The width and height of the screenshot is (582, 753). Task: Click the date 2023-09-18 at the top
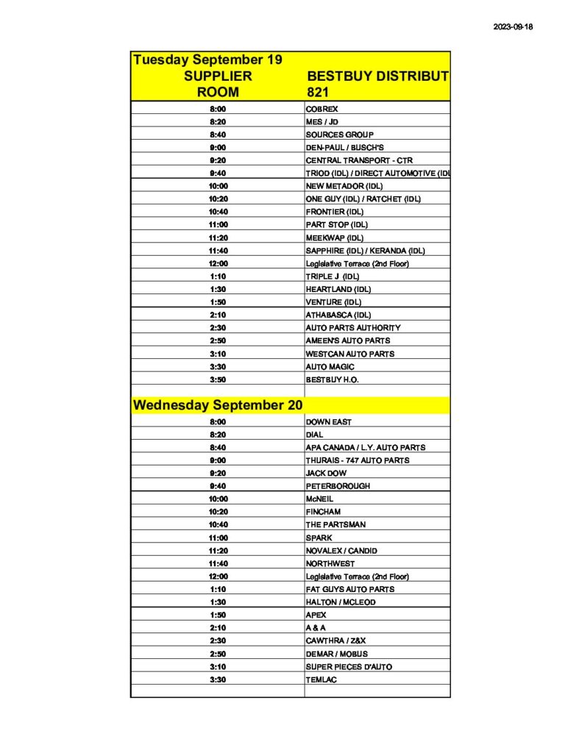pos(513,27)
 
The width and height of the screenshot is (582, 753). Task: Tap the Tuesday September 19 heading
pos(207,60)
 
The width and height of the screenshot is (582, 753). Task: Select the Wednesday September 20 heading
pos(218,404)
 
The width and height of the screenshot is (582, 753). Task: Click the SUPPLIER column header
pos(218,76)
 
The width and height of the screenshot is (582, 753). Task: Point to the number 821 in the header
pos(317,93)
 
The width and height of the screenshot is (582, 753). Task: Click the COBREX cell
pos(322,109)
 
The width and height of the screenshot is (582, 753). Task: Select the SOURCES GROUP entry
pos(340,135)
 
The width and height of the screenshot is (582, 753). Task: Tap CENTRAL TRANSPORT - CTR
pos(359,160)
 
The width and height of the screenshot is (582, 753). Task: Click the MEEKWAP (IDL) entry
pos(335,238)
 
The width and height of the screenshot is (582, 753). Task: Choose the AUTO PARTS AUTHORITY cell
pos(353,328)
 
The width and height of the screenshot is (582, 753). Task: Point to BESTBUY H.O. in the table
pos(333,379)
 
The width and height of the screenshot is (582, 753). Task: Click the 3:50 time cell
pos(218,379)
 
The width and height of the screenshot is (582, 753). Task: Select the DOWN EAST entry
pos(329,422)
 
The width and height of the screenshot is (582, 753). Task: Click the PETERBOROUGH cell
pos(338,486)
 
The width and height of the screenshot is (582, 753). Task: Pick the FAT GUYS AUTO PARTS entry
pos(350,589)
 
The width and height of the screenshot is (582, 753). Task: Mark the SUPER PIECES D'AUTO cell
pos(349,666)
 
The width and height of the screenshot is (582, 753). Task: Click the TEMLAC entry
pos(322,679)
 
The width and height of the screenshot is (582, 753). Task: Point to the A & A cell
pos(316,628)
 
